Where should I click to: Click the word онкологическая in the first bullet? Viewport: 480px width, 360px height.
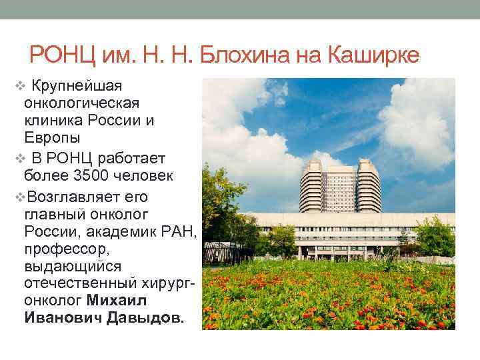coord(81,103)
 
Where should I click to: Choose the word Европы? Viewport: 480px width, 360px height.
coord(52,138)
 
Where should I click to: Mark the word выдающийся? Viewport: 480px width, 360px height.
coord(73,266)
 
